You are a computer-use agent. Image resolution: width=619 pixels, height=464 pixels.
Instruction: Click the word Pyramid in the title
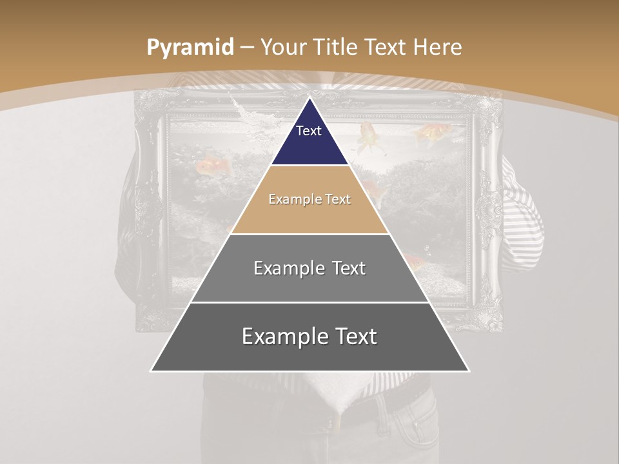tap(190, 47)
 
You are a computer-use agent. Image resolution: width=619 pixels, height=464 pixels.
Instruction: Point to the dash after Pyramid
tap(247, 48)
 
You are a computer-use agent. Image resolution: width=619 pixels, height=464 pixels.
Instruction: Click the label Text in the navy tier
tap(308, 131)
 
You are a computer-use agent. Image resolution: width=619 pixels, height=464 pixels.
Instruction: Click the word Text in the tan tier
tap(338, 199)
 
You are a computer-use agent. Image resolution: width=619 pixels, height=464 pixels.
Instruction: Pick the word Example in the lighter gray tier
tap(288, 268)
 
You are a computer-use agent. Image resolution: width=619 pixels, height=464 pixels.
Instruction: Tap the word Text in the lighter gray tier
tap(349, 268)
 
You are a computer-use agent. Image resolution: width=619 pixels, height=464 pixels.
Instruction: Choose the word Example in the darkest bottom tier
tap(284, 336)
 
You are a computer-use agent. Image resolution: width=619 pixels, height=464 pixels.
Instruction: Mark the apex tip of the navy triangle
tap(309, 99)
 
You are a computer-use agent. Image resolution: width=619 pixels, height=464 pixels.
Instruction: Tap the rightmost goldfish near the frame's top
tap(429, 134)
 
